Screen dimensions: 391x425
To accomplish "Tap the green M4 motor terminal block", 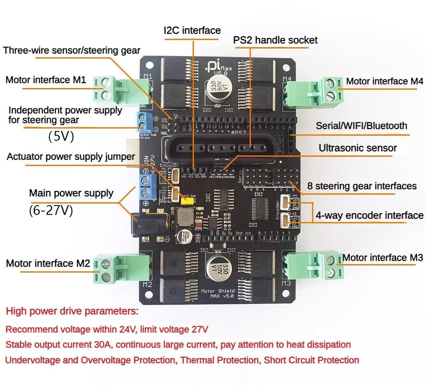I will [x=315, y=90].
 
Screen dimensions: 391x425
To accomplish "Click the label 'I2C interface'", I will [x=192, y=30].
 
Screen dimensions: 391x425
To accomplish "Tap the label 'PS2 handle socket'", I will [x=275, y=40].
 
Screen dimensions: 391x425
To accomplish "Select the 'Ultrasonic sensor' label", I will [x=358, y=148].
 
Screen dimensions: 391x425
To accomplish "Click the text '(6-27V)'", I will [x=51, y=210].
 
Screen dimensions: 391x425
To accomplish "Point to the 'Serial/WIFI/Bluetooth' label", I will [x=362, y=126].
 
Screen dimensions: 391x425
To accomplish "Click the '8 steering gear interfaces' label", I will [x=362, y=186].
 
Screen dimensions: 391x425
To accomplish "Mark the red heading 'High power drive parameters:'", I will [x=72, y=312].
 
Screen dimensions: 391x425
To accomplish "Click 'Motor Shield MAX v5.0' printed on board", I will [x=218, y=293].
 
